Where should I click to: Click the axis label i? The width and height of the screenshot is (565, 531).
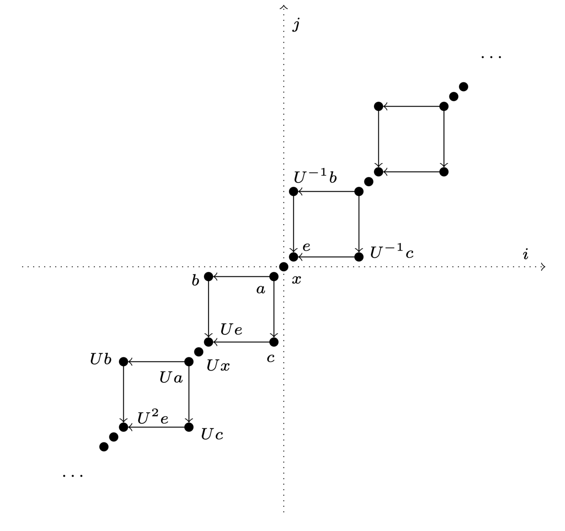click(525, 254)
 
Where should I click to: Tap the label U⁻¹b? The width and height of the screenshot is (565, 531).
click(315, 178)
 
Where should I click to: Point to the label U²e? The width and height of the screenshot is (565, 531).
click(153, 418)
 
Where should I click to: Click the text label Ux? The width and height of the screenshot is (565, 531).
click(218, 366)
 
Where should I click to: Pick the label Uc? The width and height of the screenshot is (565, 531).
click(212, 434)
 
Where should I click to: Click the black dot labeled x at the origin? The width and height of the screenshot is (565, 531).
click(284, 267)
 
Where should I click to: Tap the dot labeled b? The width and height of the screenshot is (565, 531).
click(209, 277)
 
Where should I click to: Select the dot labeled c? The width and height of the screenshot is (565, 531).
click(274, 342)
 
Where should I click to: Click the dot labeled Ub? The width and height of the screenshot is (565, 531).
click(123, 361)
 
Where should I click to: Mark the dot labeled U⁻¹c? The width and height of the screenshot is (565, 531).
click(359, 257)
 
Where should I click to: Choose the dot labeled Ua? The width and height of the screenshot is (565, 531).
click(189, 361)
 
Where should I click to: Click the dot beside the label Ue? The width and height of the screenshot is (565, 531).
click(209, 342)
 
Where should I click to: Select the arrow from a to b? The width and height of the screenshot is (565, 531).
click(241, 277)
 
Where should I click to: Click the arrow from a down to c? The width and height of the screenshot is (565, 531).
click(274, 309)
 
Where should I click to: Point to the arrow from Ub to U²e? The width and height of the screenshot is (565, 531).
click(123, 394)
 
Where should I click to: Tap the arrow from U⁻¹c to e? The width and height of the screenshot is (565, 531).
click(326, 257)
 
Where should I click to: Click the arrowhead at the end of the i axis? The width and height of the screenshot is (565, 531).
click(543, 267)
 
